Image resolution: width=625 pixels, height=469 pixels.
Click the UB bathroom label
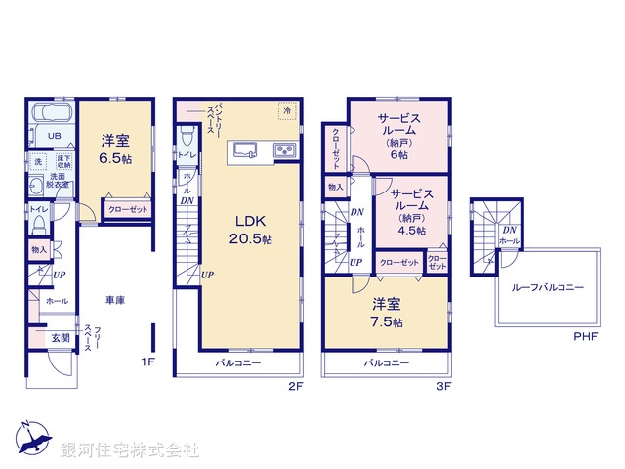[42, 136]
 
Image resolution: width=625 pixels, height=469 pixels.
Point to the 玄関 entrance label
[60, 338]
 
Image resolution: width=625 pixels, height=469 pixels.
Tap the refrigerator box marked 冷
[287, 112]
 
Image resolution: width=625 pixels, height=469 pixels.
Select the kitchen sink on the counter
[244, 150]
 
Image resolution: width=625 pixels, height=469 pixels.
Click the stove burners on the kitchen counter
[285, 150]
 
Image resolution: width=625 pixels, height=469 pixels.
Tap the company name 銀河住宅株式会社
[130, 450]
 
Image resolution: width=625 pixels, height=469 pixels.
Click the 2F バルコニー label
[238, 363]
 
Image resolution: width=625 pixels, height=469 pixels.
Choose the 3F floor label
[443, 386]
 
